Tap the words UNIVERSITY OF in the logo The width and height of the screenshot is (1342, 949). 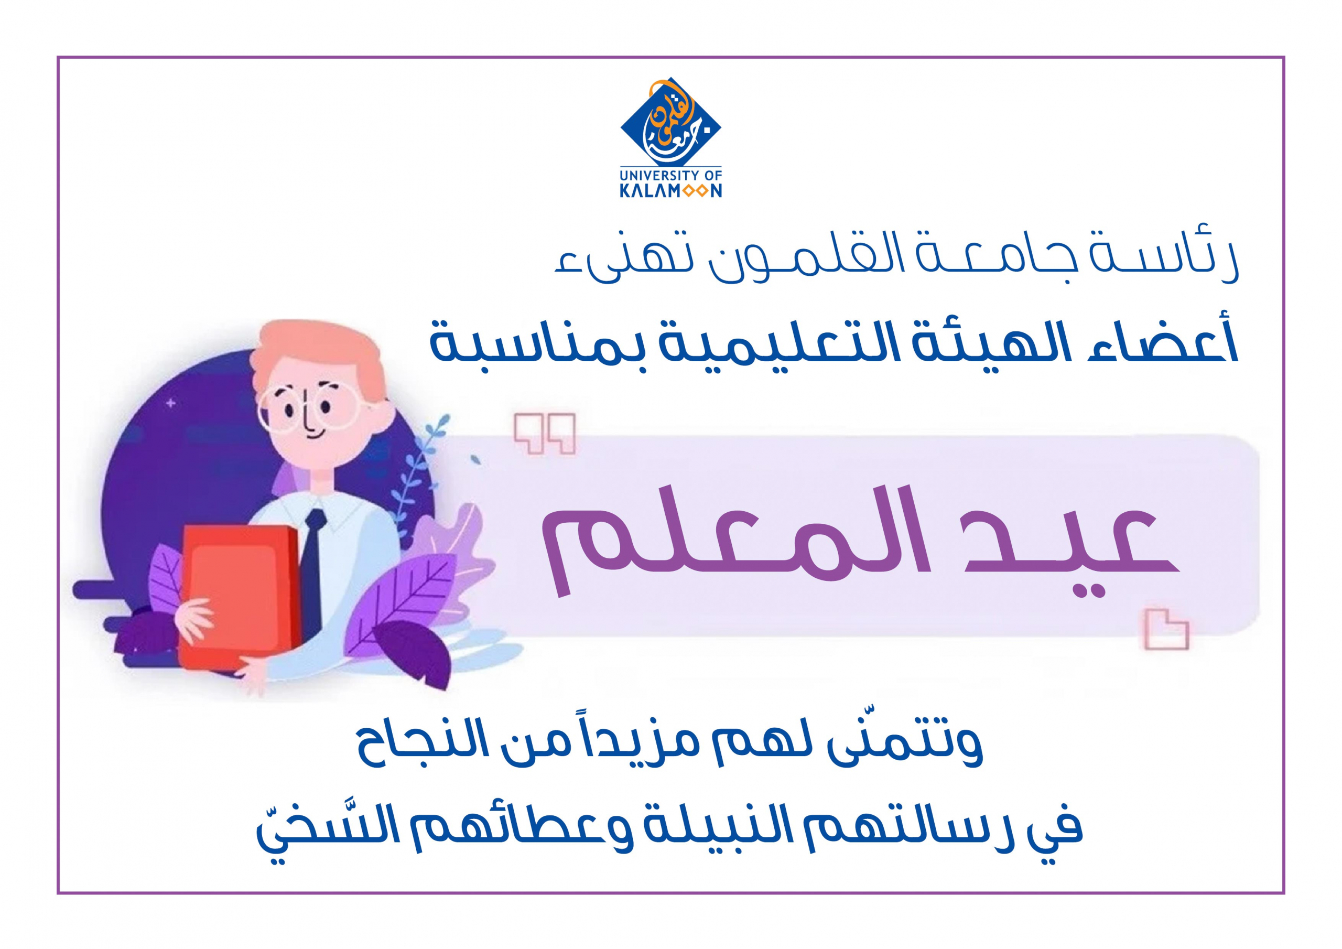click(670, 175)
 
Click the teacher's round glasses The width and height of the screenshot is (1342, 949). click(310, 409)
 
